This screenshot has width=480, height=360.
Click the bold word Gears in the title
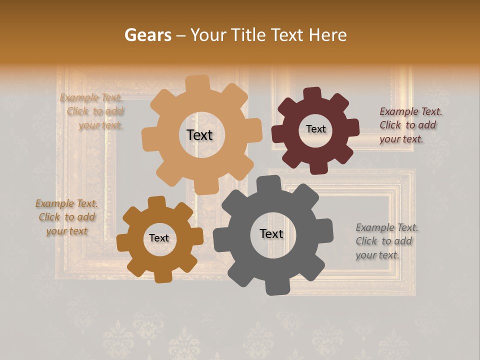(x=147, y=35)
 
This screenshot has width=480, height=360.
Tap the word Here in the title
(x=328, y=35)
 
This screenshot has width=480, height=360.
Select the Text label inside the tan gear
(x=199, y=135)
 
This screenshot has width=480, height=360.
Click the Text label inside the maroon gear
(x=315, y=129)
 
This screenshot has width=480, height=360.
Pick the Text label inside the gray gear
(x=271, y=234)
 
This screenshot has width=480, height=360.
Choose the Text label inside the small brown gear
(x=159, y=238)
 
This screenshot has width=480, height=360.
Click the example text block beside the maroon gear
(x=410, y=125)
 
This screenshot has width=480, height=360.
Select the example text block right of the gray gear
(x=386, y=241)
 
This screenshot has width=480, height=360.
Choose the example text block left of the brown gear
(x=66, y=217)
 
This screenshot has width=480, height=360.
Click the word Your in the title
(x=209, y=35)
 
